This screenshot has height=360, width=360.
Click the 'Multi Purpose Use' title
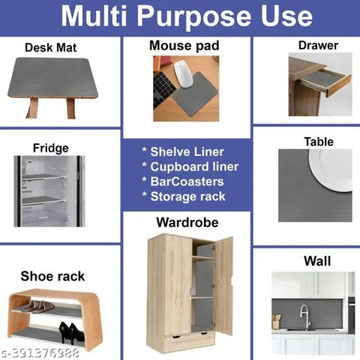click(187, 16)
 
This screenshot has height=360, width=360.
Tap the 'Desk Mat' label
click(51, 47)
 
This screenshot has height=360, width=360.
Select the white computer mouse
click(183, 74)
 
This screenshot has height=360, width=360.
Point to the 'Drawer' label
click(318, 45)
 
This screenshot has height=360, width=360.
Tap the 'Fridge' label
click(51, 148)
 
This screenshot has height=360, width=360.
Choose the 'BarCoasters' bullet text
click(187, 181)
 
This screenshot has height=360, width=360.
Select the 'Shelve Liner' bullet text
click(187, 151)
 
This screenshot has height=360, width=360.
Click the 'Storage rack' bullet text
click(187, 196)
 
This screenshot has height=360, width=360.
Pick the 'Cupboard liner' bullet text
click(194, 166)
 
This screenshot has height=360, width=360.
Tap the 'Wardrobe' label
click(187, 222)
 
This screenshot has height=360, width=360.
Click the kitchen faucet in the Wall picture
click(304, 317)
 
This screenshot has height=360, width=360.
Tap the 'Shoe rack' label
click(52, 276)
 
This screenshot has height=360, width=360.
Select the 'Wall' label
click(317, 261)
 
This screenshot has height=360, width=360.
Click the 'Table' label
click(319, 142)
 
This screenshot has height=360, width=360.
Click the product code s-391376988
click(40, 353)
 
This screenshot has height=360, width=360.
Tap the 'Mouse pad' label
click(184, 46)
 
